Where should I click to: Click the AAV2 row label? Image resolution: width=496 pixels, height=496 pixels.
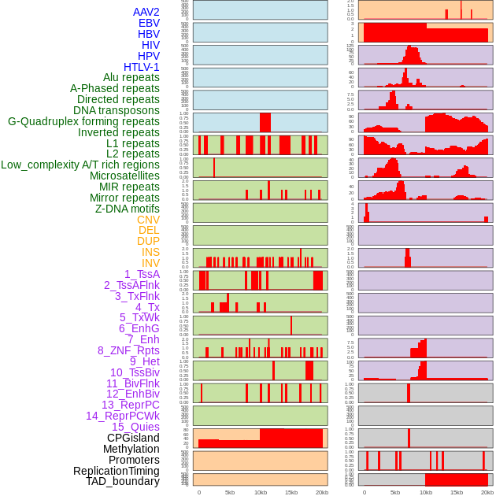point(146,12)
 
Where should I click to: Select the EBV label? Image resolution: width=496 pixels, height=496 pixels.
point(149,23)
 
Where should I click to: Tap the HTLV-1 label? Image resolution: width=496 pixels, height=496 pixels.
point(142,67)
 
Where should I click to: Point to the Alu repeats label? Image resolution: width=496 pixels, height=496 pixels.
point(131,77)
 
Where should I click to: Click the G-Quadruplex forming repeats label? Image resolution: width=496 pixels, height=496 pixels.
point(83,121)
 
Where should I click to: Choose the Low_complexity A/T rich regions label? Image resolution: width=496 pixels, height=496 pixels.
point(80,165)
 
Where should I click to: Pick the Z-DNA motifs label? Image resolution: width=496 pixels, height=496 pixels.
point(128,209)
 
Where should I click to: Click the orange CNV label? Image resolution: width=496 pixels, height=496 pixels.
point(148,220)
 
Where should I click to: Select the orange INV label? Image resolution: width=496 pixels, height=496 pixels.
point(150,263)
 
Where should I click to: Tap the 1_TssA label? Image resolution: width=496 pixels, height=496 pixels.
point(142,274)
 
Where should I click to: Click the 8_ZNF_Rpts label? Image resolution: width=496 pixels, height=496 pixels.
point(128,350)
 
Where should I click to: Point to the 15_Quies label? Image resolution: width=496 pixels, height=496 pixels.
point(135,427)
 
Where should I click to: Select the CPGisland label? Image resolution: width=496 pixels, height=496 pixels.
point(133,438)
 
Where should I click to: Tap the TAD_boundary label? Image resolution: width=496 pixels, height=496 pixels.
point(123,481)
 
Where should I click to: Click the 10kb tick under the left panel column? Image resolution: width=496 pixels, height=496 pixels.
point(260,492)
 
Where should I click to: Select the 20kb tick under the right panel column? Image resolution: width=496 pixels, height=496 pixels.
point(487,492)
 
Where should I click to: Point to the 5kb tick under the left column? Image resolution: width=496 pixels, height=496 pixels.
point(230,492)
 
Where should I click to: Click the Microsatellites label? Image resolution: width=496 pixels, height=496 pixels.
point(124,176)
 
